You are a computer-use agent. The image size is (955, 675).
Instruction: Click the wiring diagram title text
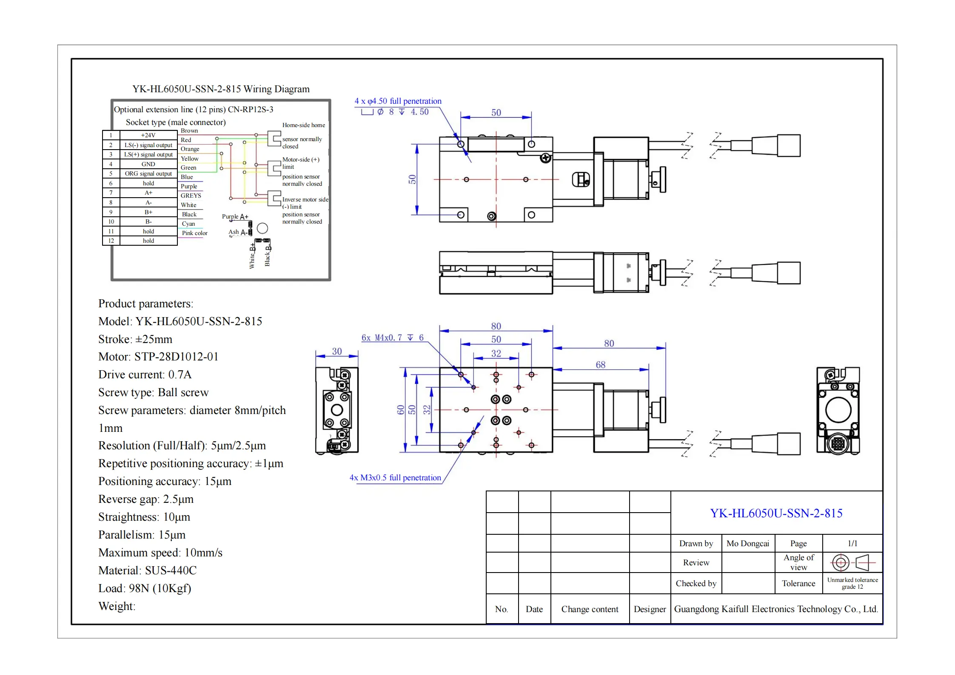pos(221,89)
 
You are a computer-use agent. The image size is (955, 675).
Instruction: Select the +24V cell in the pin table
pos(148,135)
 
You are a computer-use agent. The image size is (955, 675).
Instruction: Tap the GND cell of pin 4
pos(148,164)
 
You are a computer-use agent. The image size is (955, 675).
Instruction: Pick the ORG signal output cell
pos(148,174)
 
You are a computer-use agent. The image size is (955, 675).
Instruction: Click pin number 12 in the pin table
pos(111,241)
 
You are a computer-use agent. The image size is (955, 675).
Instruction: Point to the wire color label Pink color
pos(194,233)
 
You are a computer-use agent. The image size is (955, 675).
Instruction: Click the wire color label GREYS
pos(191,196)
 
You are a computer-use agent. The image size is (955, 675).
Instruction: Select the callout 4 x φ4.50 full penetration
pos(398,101)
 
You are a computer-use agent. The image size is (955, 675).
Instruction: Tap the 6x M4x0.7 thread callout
pos(392,338)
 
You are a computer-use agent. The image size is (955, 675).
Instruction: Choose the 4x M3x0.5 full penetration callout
pos(395,478)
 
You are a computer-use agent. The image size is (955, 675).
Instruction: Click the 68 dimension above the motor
pos(600,365)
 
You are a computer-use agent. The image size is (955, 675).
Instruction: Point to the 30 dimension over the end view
pos(336,352)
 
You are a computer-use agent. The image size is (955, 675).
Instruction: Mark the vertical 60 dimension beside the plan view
pos(400,410)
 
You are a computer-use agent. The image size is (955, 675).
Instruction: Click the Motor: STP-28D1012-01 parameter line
pos(158,357)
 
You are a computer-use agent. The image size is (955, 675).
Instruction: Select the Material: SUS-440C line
pos(147,570)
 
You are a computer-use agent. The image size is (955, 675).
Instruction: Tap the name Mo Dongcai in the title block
pos(747,544)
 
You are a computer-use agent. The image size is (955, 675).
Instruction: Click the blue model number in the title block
pos(776,513)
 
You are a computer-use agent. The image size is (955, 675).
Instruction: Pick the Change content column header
pos(590,610)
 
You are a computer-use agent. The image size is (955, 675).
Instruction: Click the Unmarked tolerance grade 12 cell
pos(852,584)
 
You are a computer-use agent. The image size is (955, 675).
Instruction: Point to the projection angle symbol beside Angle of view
pos(852,563)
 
